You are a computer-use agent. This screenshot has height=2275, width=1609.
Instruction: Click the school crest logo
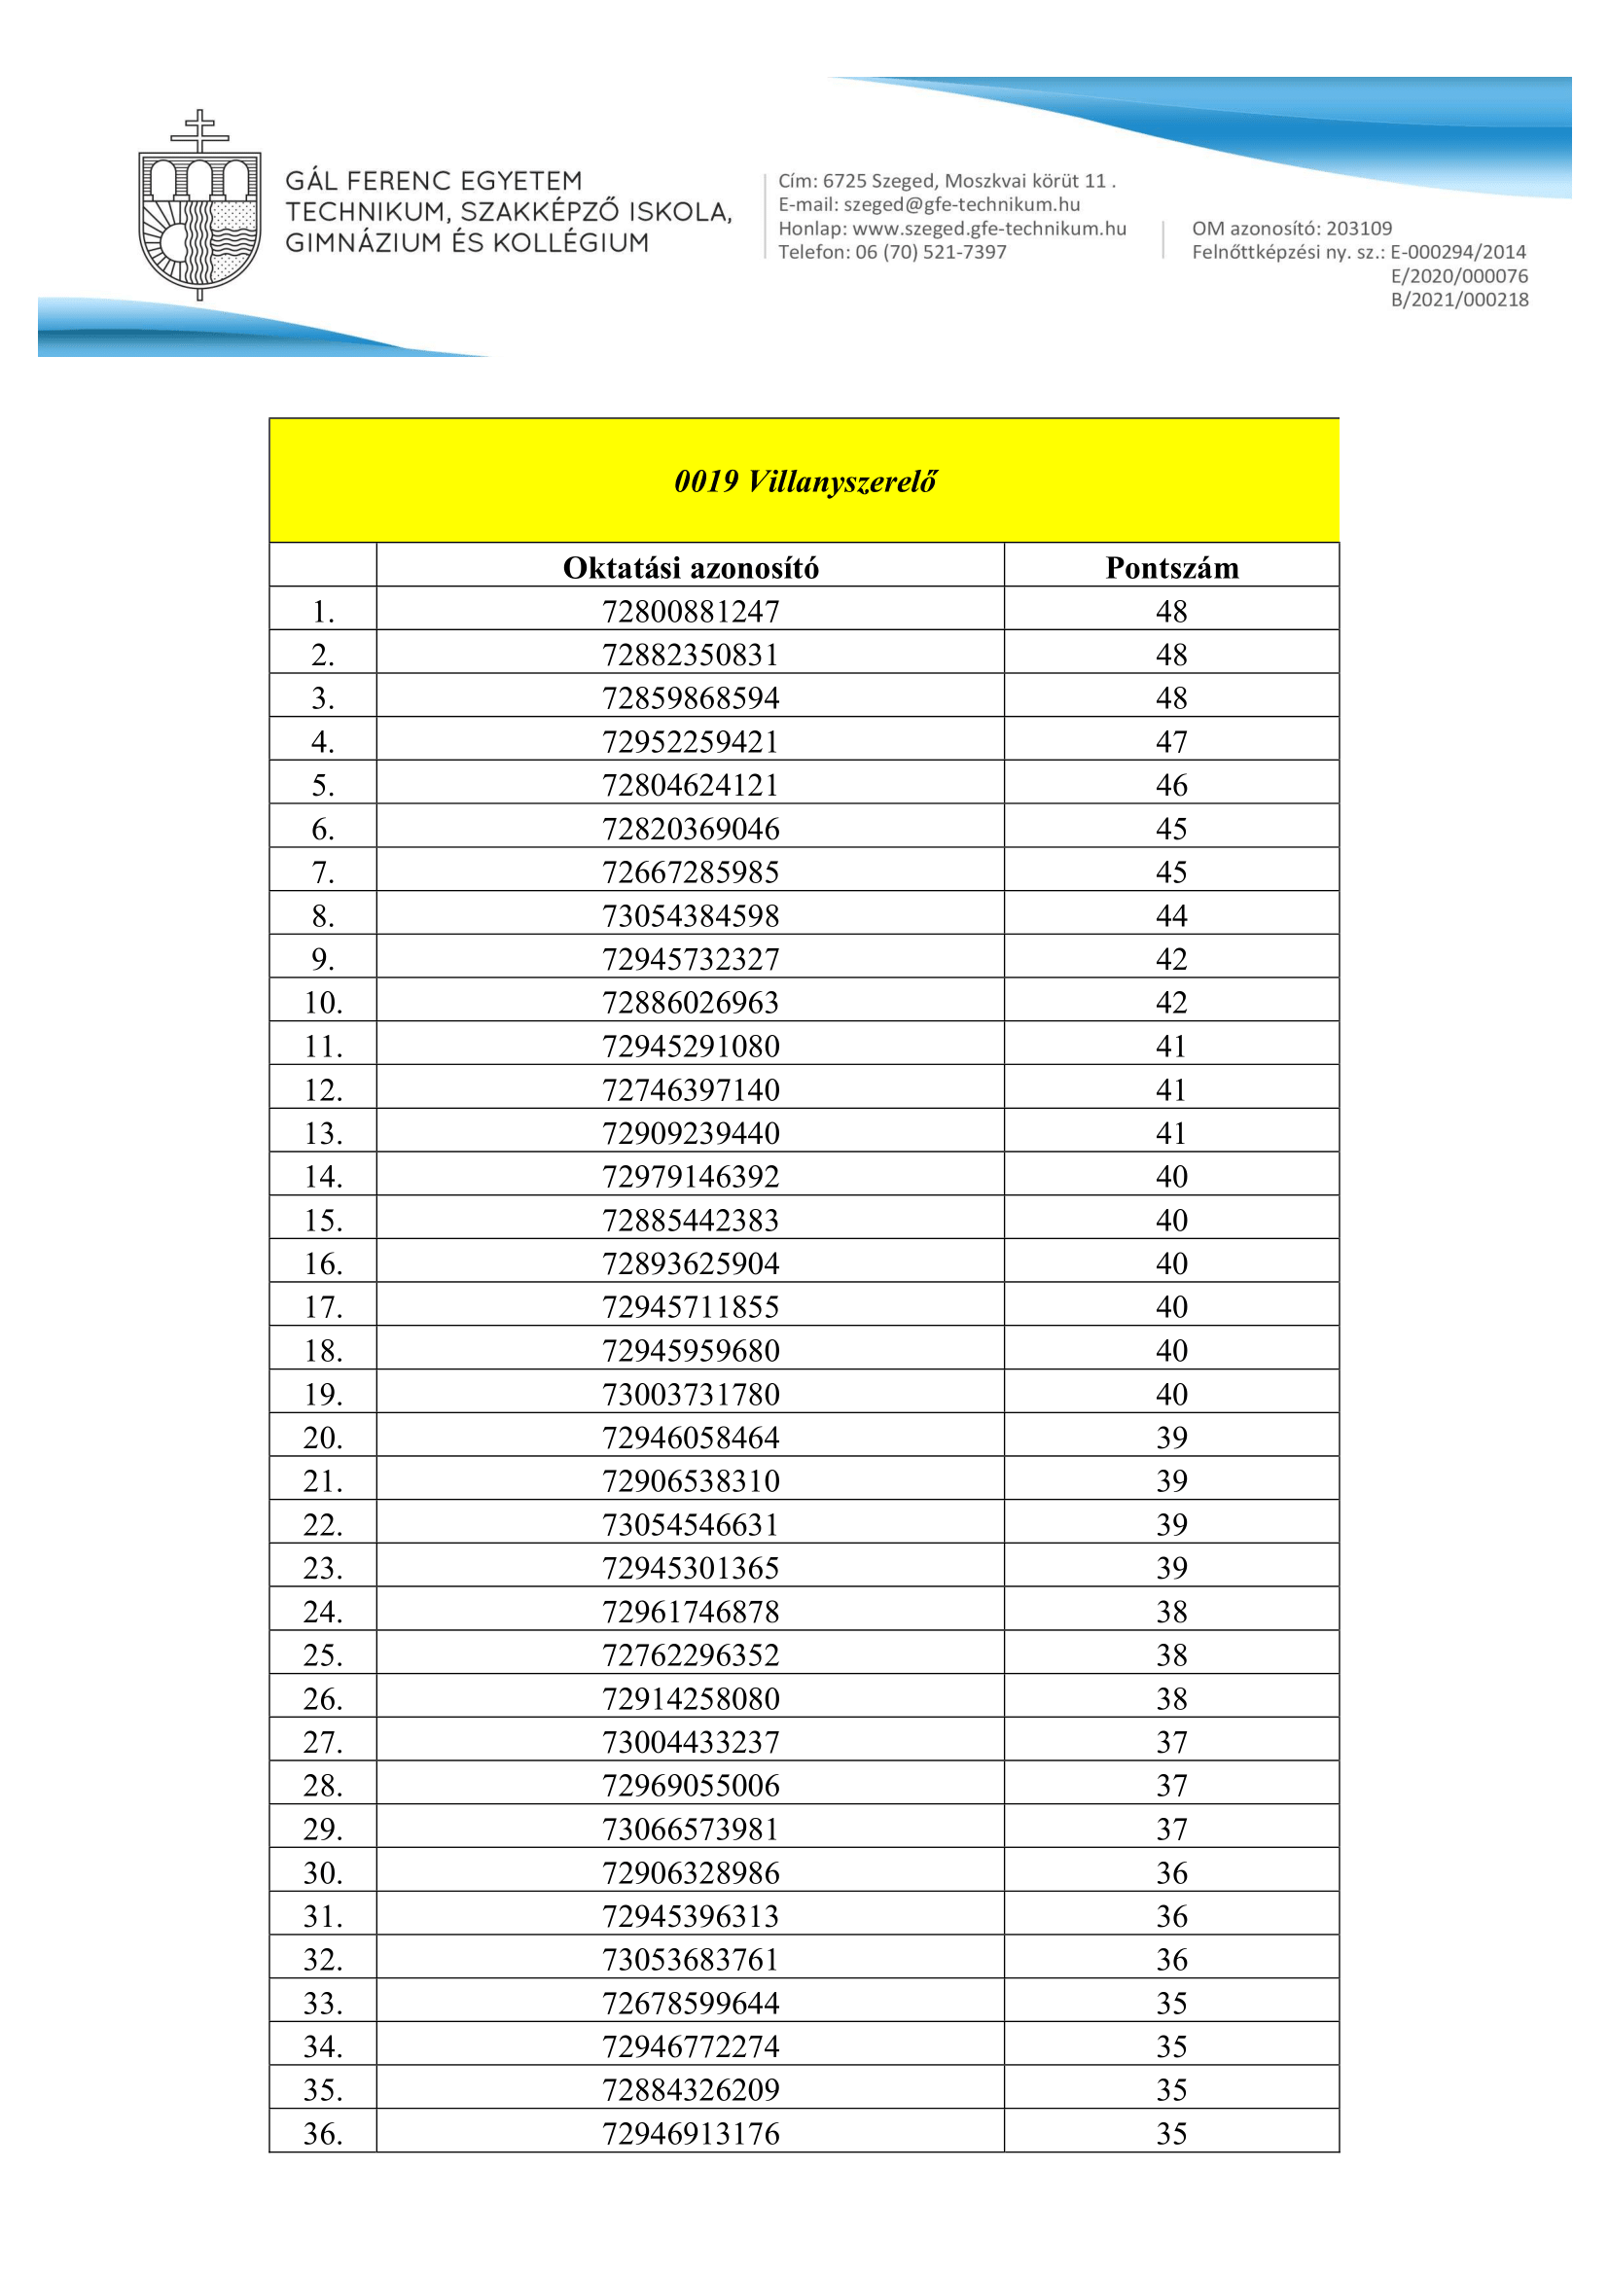coord(199,206)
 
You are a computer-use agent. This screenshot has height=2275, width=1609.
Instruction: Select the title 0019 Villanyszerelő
coord(804,481)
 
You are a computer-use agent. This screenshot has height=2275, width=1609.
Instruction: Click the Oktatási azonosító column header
coord(691,568)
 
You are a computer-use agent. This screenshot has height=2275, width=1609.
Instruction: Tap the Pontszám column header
coord(1171,568)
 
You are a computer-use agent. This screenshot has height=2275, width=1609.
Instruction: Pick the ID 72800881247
coord(691,612)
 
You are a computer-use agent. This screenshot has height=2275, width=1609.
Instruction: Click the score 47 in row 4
coord(1171,742)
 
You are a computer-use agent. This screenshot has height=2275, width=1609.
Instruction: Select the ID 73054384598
coord(691,915)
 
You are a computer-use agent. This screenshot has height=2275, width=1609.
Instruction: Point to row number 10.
coord(323,1003)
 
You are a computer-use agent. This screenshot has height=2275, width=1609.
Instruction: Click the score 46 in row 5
coord(1171,786)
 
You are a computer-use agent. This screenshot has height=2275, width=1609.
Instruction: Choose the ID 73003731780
coord(691,1394)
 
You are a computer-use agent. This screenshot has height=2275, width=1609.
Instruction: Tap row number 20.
coord(323,1438)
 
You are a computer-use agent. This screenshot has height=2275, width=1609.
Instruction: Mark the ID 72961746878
coord(691,1612)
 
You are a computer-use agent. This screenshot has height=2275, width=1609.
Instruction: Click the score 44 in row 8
coord(1171,915)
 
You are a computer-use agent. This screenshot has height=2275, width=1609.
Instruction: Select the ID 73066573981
coord(691,1830)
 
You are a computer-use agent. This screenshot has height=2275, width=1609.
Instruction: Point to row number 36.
coord(323,2133)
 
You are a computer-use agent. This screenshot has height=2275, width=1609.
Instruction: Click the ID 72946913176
coord(691,2133)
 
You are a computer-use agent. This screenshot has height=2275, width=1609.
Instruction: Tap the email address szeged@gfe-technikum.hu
coord(961,205)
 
